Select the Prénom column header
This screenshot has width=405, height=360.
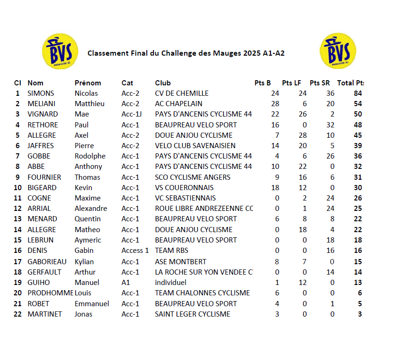click(88, 83)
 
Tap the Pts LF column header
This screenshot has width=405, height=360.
click(291, 83)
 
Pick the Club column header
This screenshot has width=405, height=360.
click(163, 83)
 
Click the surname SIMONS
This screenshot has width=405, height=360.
click(41, 93)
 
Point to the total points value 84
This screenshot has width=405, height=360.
click(358, 93)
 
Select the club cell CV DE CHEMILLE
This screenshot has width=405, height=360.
click(182, 93)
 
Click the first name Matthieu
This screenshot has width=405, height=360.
click(90, 104)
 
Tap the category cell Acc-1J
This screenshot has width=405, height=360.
click(132, 114)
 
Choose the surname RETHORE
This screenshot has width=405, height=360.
click(42, 125)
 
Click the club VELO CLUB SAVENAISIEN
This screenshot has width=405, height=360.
click(195, 146)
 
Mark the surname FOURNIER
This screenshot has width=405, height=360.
click(44, 177)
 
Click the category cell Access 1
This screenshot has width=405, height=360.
click(135, 251)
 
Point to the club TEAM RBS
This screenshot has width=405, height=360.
click(171, 251)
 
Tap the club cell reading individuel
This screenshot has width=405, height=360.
click(170, 283)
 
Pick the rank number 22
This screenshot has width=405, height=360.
click(17, 314)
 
